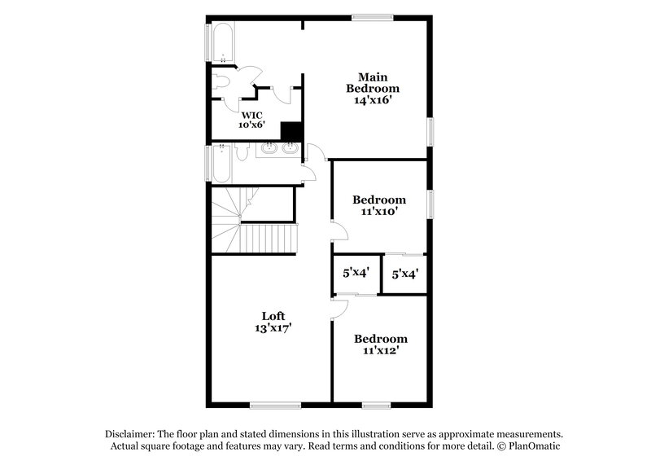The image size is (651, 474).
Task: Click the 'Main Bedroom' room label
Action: coord(373,82)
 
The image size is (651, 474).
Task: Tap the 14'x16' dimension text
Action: coord(373,101)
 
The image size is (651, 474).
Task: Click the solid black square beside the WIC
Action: coord(291,132)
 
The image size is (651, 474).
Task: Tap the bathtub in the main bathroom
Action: coord(221,43)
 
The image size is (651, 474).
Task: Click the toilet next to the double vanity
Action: coord(242,153)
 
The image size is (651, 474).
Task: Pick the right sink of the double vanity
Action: coord(289,149)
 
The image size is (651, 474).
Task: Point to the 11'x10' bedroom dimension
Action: coord(378,212)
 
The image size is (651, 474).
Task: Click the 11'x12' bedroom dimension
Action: coord(380,351)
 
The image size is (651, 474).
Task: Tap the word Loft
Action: coord(273,316)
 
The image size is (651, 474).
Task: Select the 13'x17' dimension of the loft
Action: coord(273,328)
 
